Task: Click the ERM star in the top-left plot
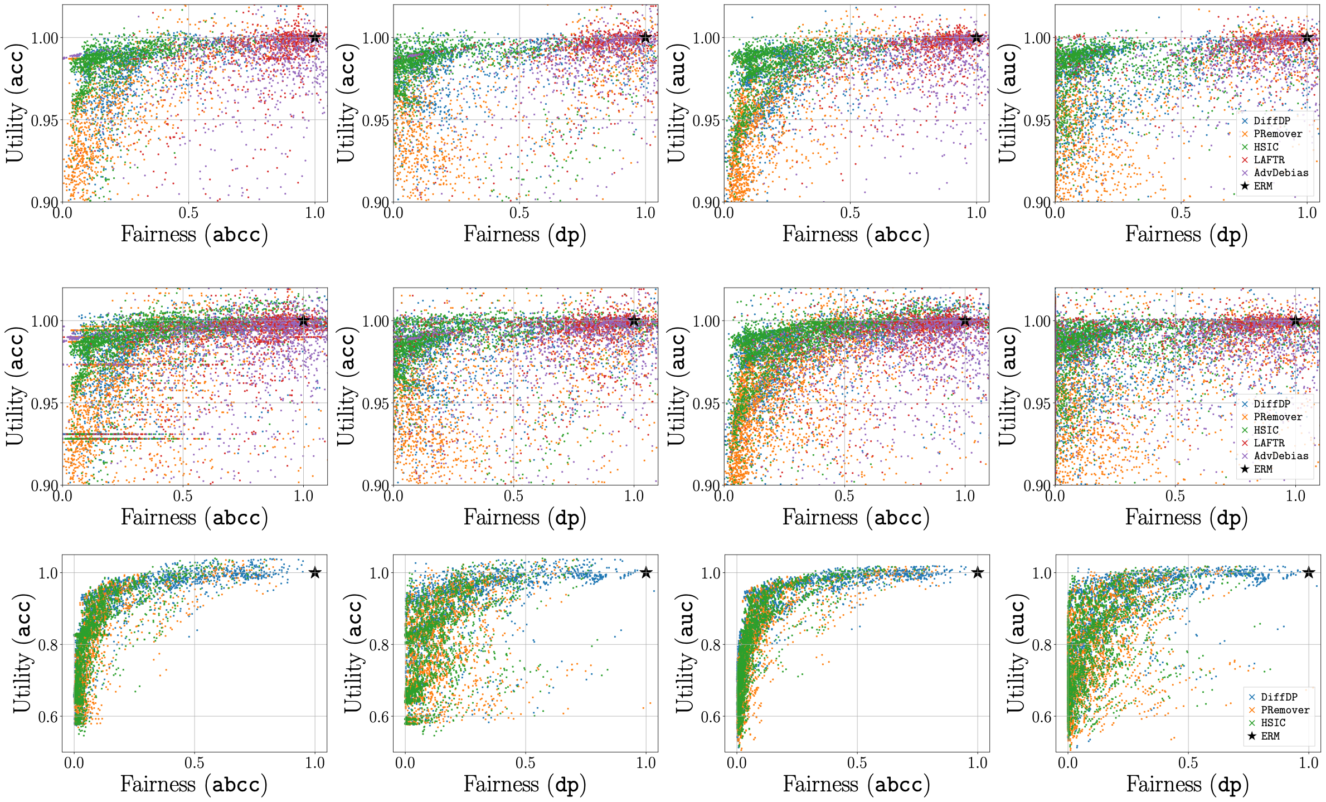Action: tap(315, 37)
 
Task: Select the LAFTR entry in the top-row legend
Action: tap(1269, 160)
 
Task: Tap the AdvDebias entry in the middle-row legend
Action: tap(1281, 456)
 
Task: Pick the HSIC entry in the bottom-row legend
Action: tap(1273, 723)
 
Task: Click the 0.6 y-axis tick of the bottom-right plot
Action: tap(1042, 717)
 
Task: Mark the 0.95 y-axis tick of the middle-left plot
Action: tap(44, 404)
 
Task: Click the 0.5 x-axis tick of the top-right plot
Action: tap(1181, 213)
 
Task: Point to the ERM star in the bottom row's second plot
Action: tap(646, 572)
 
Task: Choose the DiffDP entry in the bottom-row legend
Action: tap(1279, 697)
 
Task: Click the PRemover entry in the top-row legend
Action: tap(1278, 134)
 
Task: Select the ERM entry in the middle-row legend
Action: tap(1262, 469)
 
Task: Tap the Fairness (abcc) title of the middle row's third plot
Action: tap(856, 518)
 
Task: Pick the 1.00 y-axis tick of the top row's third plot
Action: tap(706, 38)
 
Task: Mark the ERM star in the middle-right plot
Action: tap(1295, 320)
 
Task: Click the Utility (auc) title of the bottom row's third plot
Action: tap(686, 656)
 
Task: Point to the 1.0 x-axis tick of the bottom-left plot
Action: tap(315, 763)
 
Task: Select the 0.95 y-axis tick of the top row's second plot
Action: tap(376, 120)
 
